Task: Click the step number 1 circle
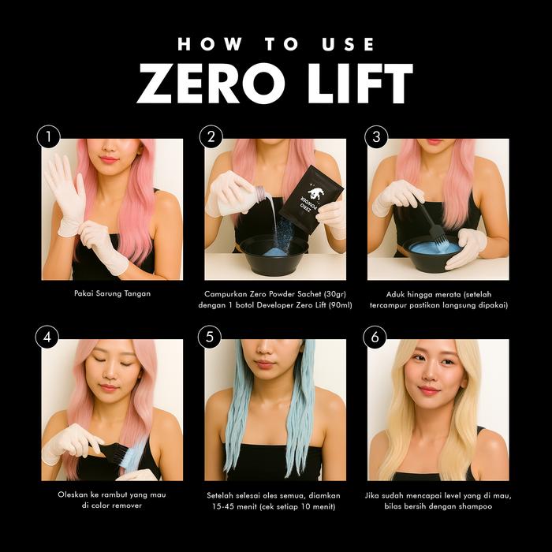click(49, 136)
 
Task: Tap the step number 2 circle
click(211, 136)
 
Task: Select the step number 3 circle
click(376, 136)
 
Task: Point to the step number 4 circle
click(47, 337)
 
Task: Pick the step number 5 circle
click(210, 337)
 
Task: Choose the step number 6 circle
click(375, 337)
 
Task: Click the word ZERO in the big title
click(211, 84)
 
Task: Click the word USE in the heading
click(348, 44)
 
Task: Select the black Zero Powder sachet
click(312, 200)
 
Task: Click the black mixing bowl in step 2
click(274, 255)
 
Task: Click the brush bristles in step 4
click(120, 453)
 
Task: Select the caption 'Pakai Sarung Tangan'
click(112, 293)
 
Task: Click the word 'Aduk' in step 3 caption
click(395, 294)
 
